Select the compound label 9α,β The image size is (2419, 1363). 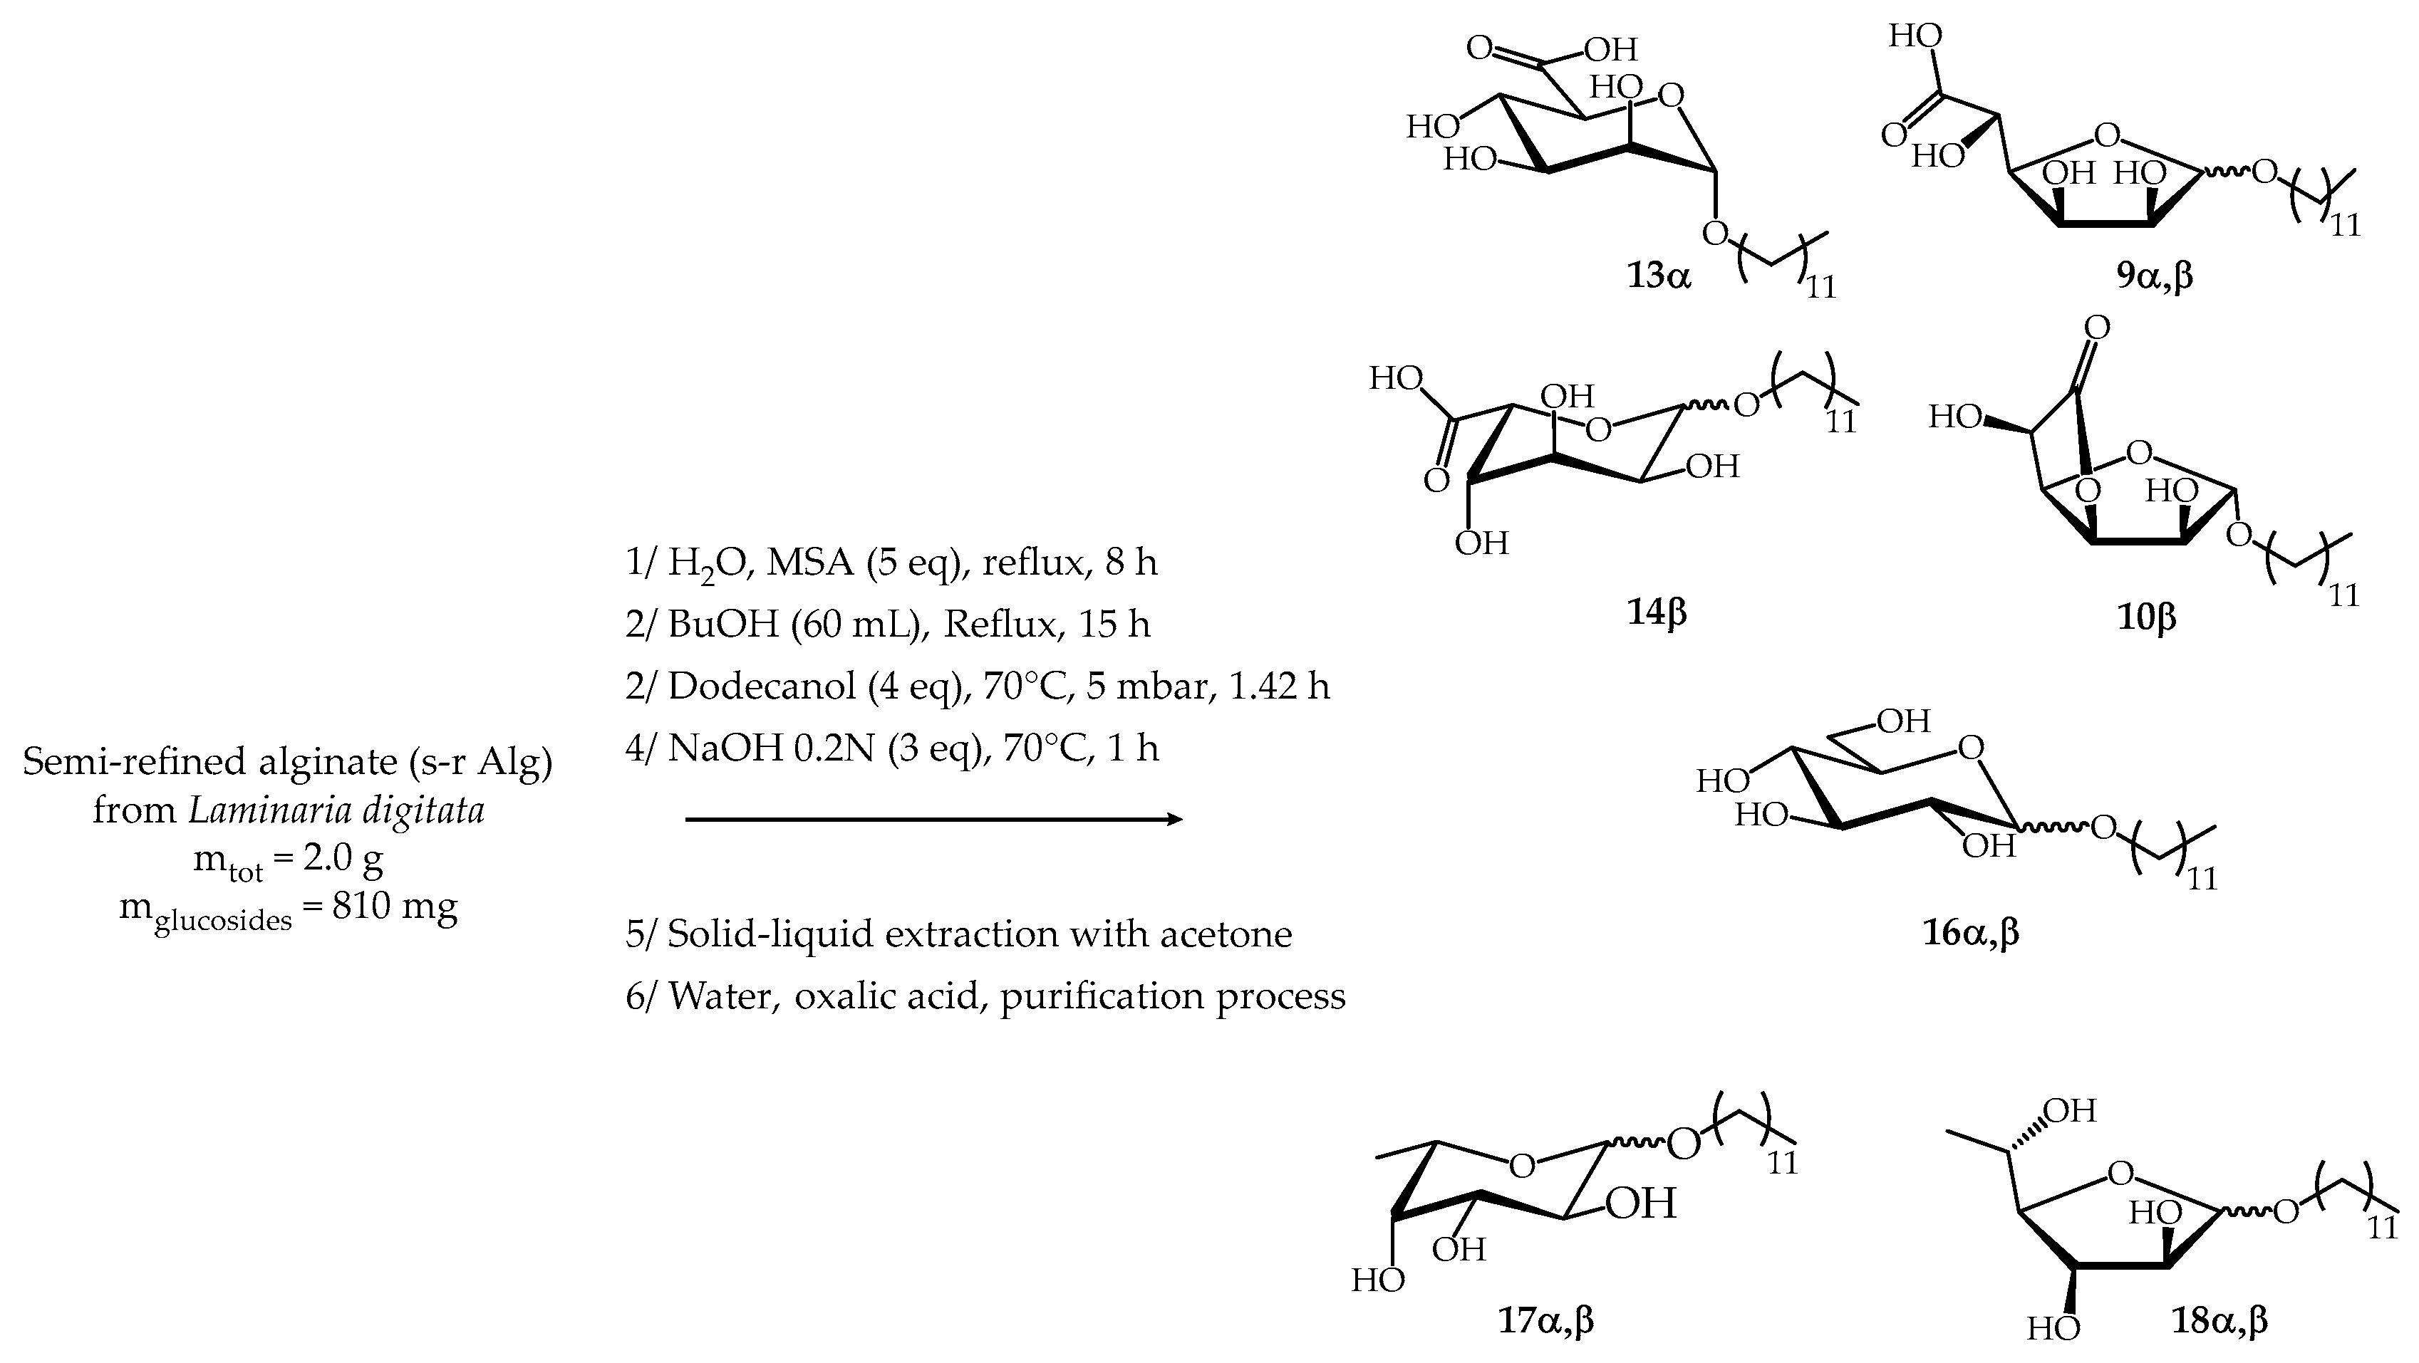[2154, 276]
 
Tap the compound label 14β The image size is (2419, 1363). [1657, 612]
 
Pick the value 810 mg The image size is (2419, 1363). [395, 906]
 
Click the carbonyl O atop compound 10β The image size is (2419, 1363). [2097, 328]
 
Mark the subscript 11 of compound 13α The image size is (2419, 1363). [1820, 287]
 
